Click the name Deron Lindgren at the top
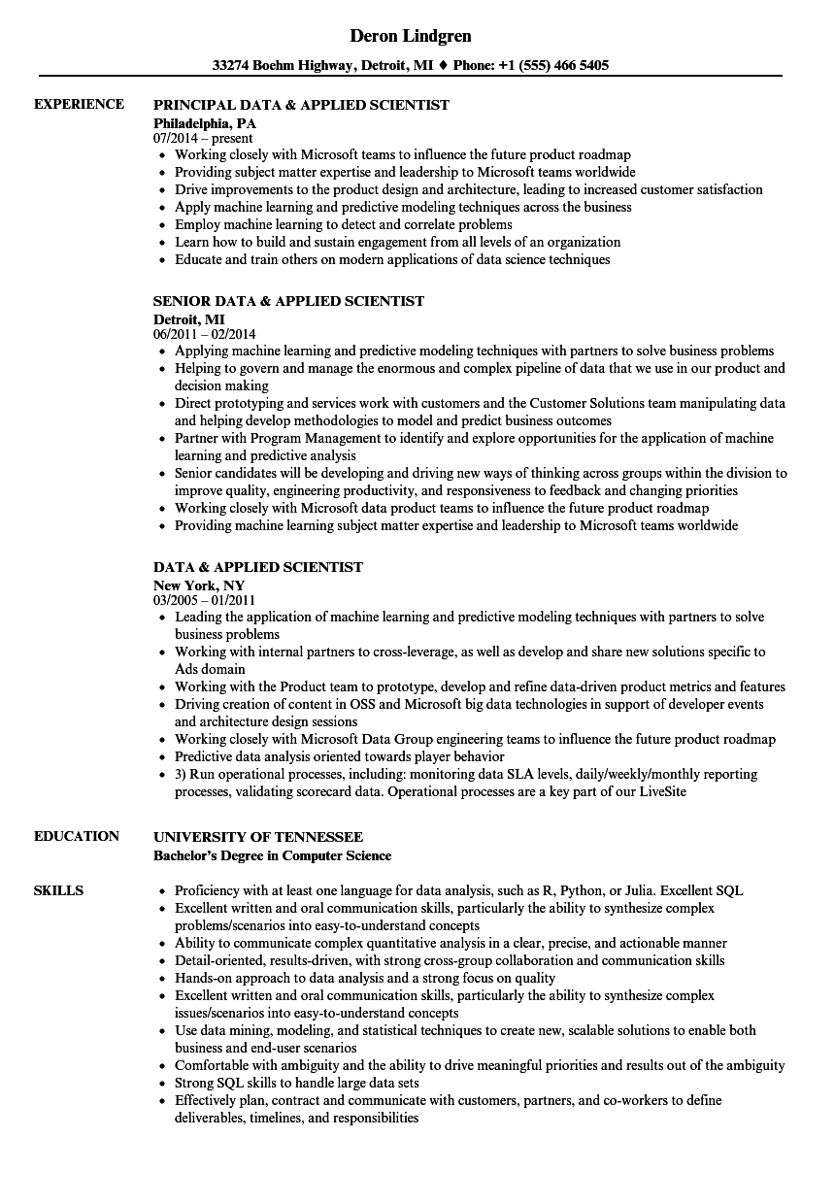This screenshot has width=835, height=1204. click(411, 36)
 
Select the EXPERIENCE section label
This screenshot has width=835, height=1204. click(79, 104)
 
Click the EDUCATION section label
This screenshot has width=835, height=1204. click(77, 836)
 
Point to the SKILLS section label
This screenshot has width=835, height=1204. click(58, 890)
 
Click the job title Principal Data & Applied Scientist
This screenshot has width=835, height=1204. click(301, 105)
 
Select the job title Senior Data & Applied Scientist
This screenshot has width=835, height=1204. click(288, 302)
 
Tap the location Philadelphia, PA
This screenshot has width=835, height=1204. click(205, 123)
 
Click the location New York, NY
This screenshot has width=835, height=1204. click(199, 585)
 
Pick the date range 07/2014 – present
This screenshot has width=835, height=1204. click(204, 139)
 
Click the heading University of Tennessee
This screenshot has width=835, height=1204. click(258, 837)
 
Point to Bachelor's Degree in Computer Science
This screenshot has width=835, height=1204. click(273, 855)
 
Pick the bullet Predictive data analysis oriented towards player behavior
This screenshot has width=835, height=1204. click(339, 756)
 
